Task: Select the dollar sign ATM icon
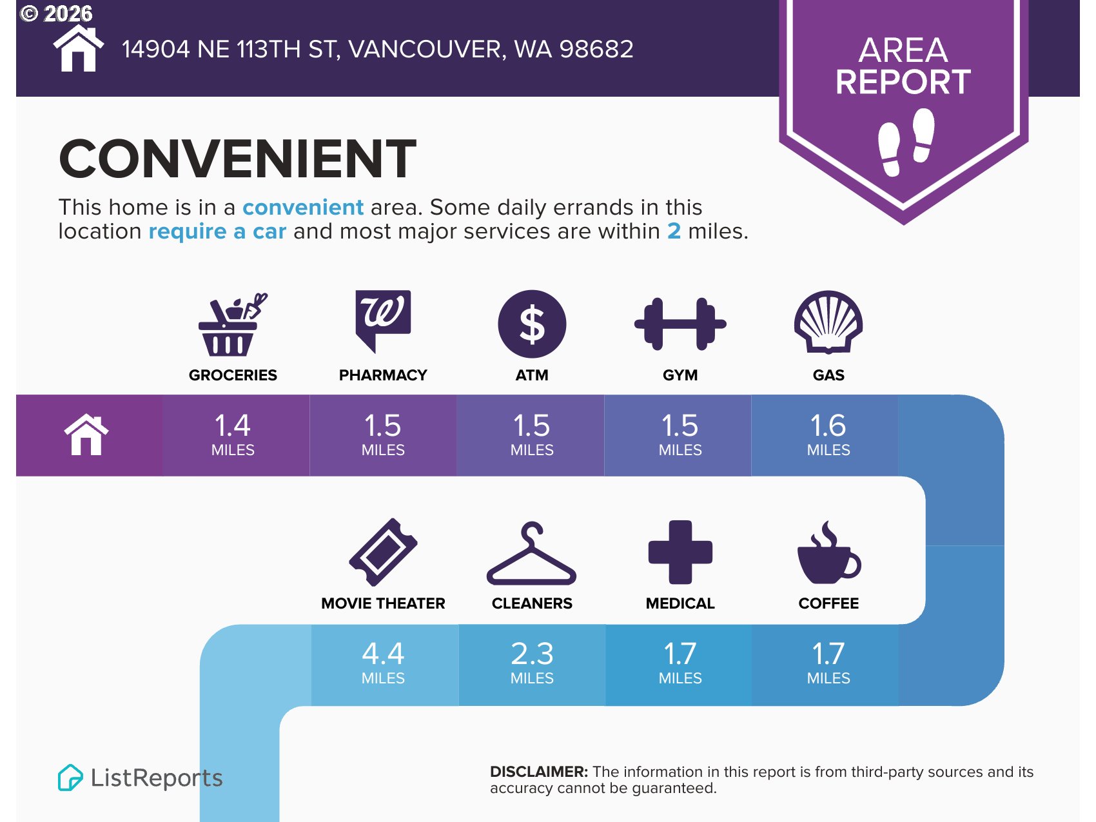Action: (x=532, y=324)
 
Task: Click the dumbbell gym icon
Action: (x=680, y=324)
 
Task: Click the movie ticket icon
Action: (x=383, y=552)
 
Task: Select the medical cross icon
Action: (x=680, y=552)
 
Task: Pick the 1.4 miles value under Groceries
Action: (x=233, y=435)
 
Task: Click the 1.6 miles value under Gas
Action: (x=828, y=435)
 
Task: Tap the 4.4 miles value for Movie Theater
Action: (x=383, y=663)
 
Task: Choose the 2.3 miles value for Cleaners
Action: (x=532, y=663)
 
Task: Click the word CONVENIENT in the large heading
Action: (x=237, y=159)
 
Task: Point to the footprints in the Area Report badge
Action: (x=906, y=142)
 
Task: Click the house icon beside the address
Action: (x=78, y=48)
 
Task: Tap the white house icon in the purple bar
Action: (x=86, y=435)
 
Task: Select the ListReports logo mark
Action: (x=70, y=778)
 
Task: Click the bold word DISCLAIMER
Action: (x=539, y=772)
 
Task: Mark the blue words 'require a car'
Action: (x=217, y=231)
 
